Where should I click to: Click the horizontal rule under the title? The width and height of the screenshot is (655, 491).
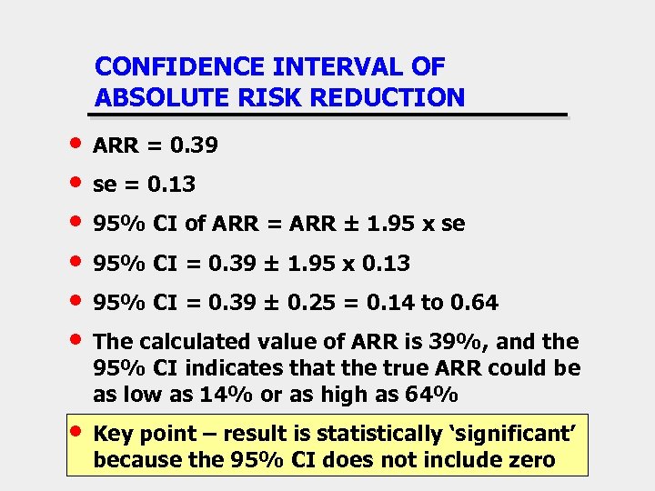(x=327, y=115)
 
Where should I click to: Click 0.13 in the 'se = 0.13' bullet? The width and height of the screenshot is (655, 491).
(x=172, y=185)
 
